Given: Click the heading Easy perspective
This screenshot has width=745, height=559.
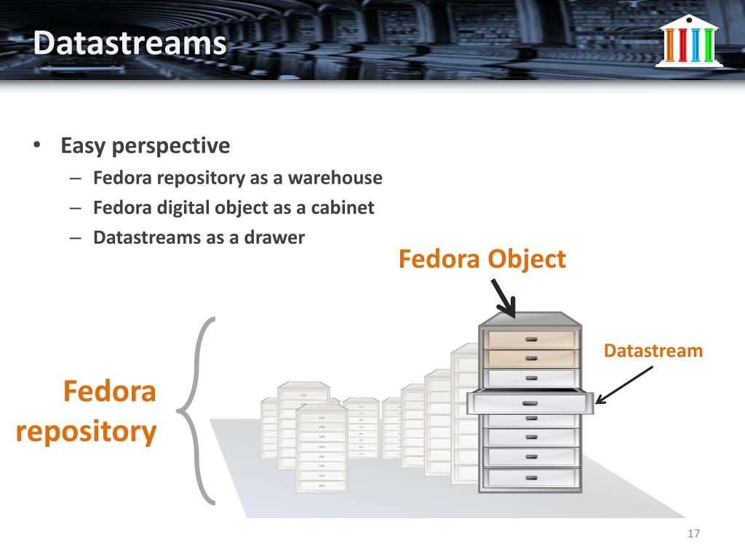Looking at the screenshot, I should [x=146, y=146].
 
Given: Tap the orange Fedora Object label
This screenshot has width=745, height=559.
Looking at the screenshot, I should [x=482, y=259].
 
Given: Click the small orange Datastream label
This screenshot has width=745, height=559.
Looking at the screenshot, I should [x=653, y=352].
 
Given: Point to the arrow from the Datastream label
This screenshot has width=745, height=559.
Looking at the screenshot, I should [x=624, y=384].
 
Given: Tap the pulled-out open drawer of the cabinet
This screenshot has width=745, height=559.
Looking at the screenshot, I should [x=530, y=403].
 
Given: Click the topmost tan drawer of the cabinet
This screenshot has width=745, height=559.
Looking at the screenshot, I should [x=530, y=339].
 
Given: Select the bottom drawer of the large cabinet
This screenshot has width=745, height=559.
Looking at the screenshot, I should [x=530, y=477].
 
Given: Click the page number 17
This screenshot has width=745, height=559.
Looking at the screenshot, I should [x=693, y=535].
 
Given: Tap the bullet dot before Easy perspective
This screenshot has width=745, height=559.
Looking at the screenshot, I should [x=36, y=146].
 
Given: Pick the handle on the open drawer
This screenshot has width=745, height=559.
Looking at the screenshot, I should [x=530, y=403].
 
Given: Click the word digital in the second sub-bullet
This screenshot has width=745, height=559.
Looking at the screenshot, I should [x=185, y=207].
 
